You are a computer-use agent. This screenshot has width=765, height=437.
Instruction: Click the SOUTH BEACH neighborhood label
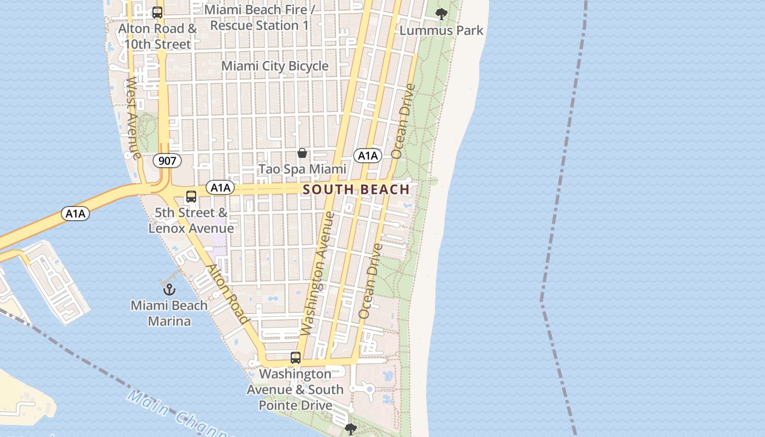pyautogui.click(x=356, y=190)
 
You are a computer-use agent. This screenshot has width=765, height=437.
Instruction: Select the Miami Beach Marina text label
pyautogui.click(x=169, y=313)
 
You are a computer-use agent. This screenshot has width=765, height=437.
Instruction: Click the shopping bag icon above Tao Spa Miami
pyautogui.click(x=302, y=153)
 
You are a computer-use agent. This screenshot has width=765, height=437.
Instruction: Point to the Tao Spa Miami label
pyautogui.click(x=302, y=169)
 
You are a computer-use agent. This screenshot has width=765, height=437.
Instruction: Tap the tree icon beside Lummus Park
pyautogui.click(x=441, y=14)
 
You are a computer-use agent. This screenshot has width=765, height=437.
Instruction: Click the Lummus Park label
pyautogui.click(x=442, y=30)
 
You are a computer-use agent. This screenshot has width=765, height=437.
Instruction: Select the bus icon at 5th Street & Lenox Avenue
pyautogui.click(x=191, y=197)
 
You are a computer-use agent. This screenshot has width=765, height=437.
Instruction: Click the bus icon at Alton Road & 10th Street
pyautogui.click(x=157, y=12)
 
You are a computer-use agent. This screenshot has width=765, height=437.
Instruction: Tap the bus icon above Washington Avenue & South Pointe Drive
pyautogui.click(x=296, y=358)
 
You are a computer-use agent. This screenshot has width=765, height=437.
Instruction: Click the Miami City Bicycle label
pyautogui.click(x=275, y=66)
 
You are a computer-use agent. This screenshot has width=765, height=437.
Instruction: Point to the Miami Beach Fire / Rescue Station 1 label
pyautogui.click(x=260, y=17)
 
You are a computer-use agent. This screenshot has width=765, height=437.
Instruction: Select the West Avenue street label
pyautogui.click(x=133, y=117)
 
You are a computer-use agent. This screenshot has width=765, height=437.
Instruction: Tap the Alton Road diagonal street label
pyautogui.click(x=228, y=294)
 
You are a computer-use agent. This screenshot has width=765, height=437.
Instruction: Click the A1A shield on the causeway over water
pyautogui.click(x=75, y=214)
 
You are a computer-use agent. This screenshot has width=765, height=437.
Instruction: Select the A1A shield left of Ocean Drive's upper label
pyautogui.click(x=368, y=156)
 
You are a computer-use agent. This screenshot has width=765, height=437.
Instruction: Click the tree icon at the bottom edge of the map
pyautogui.click(x=351, y=429)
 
